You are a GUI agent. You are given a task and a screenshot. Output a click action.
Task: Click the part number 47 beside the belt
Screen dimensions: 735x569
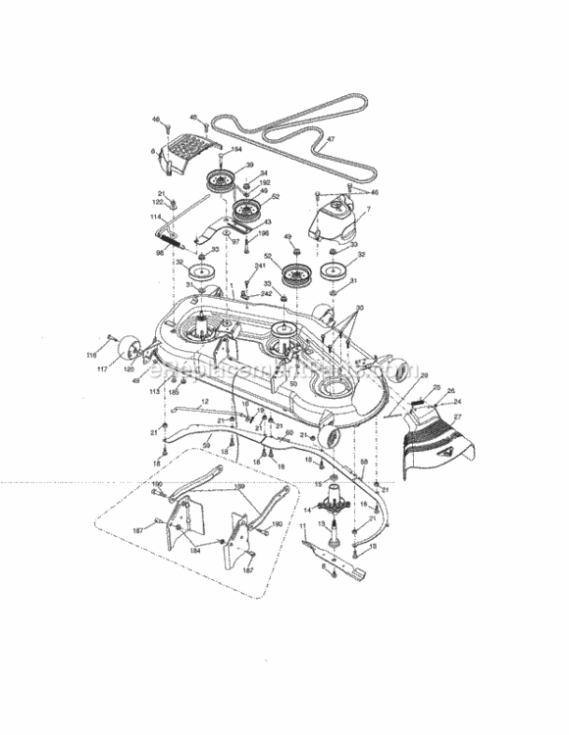click(331, 140)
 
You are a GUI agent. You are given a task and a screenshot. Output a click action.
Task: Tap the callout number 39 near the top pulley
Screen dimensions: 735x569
click(250, 165)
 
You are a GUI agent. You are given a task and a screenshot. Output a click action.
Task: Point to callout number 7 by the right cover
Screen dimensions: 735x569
click(368, 210)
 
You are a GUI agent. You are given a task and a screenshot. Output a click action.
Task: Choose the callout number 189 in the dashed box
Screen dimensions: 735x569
click(238, 487)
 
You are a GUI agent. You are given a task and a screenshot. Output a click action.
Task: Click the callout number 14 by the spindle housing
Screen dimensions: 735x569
click(308, 509)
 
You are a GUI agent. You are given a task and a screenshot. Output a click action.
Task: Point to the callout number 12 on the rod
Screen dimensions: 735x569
click(204, 403)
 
